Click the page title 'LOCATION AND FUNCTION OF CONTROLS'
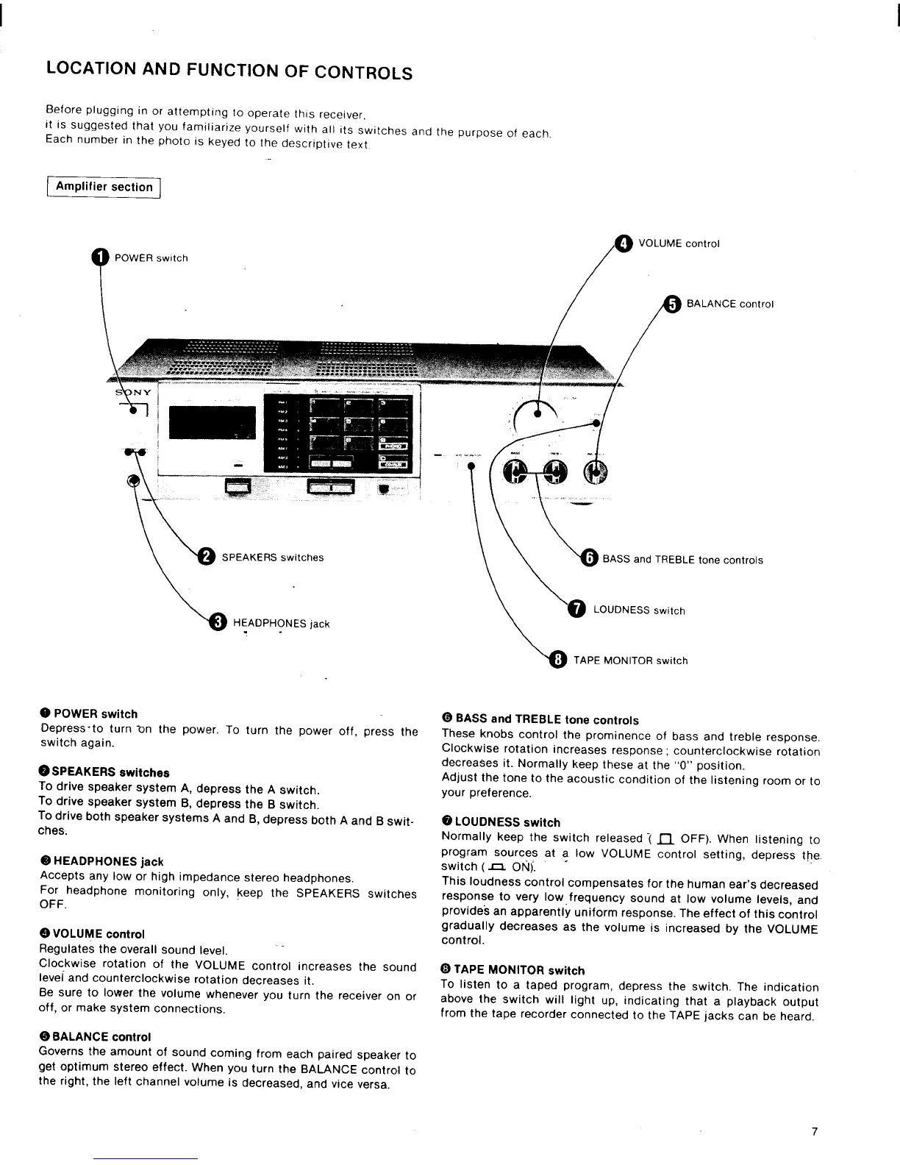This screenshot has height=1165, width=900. tap(228, 71)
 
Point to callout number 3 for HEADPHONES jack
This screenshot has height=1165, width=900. tap(218, 622)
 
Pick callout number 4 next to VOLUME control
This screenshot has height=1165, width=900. tap(623, 243)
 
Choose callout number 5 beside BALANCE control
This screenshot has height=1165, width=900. tap(671, 303)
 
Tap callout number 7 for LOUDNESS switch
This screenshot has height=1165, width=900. tap(578, 609)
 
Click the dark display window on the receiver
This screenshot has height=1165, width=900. tap(213, 423)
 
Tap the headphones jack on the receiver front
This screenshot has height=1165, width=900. tap(133, 481)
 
